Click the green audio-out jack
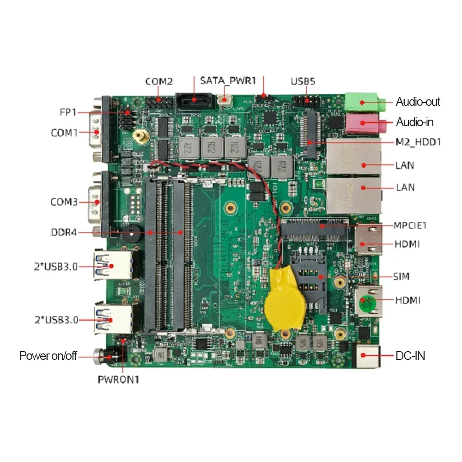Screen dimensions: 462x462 365,102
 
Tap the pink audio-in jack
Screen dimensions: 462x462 365,124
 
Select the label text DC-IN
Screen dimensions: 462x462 410,356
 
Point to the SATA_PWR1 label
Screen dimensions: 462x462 228,80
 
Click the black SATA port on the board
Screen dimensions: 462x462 195,101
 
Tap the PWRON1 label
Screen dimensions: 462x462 118,379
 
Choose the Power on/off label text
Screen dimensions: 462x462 48,356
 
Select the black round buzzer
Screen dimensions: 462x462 131,233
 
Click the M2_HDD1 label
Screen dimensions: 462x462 418,142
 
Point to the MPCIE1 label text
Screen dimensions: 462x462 410,225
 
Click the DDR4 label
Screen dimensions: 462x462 64,232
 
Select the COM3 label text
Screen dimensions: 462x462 64,202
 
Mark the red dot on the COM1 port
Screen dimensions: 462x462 97,132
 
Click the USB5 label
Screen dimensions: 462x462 303,81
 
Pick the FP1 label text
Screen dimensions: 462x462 68,112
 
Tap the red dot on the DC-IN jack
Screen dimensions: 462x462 363,355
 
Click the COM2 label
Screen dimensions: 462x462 159,81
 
